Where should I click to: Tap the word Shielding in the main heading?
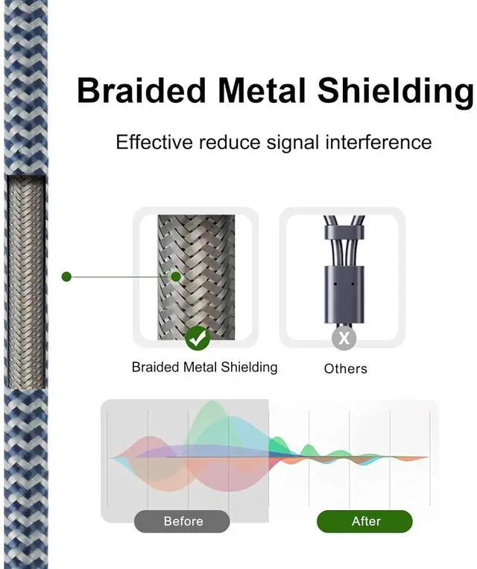(395, 91)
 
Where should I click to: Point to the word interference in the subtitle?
(378, 142)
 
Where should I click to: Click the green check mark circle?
(198, 339)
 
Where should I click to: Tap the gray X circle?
(344, 339)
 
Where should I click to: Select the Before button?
(183, 521)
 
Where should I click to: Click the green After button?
(365, 521)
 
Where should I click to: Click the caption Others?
(346, 368)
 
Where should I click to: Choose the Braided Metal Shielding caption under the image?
(204, 367)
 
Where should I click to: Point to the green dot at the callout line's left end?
(66, 277)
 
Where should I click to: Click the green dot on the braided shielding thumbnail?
(176, 277)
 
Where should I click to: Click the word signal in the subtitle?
(291, 142)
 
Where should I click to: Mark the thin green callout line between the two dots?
(119, 277)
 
